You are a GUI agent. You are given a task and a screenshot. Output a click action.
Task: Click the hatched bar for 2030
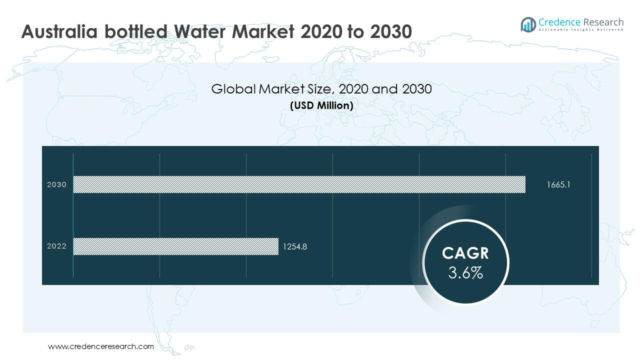coord(299,184)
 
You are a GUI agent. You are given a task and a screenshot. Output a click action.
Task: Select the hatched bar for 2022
coord(175,246)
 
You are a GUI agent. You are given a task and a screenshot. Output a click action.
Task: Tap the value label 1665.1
coord(558,184)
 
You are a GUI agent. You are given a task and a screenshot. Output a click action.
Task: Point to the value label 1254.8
coord(294,246)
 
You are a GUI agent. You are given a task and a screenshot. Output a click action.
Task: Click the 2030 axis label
coord(56,184)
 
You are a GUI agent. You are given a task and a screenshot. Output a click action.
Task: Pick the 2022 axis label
coord(56,246)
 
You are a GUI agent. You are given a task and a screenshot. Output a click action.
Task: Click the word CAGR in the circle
coord(465,253)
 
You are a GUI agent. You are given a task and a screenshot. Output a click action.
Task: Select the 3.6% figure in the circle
coord(465,273)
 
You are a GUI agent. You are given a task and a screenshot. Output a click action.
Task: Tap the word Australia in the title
coord(59,31)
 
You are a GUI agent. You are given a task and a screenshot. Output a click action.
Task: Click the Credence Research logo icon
coord(528,24)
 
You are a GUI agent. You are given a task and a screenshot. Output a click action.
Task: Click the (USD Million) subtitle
coord(321,105)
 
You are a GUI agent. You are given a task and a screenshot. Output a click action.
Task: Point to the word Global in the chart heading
coord(233,89)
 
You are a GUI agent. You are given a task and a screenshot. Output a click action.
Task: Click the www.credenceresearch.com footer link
coord(101,346)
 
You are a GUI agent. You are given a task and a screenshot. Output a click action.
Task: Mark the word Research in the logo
coord(603,22)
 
